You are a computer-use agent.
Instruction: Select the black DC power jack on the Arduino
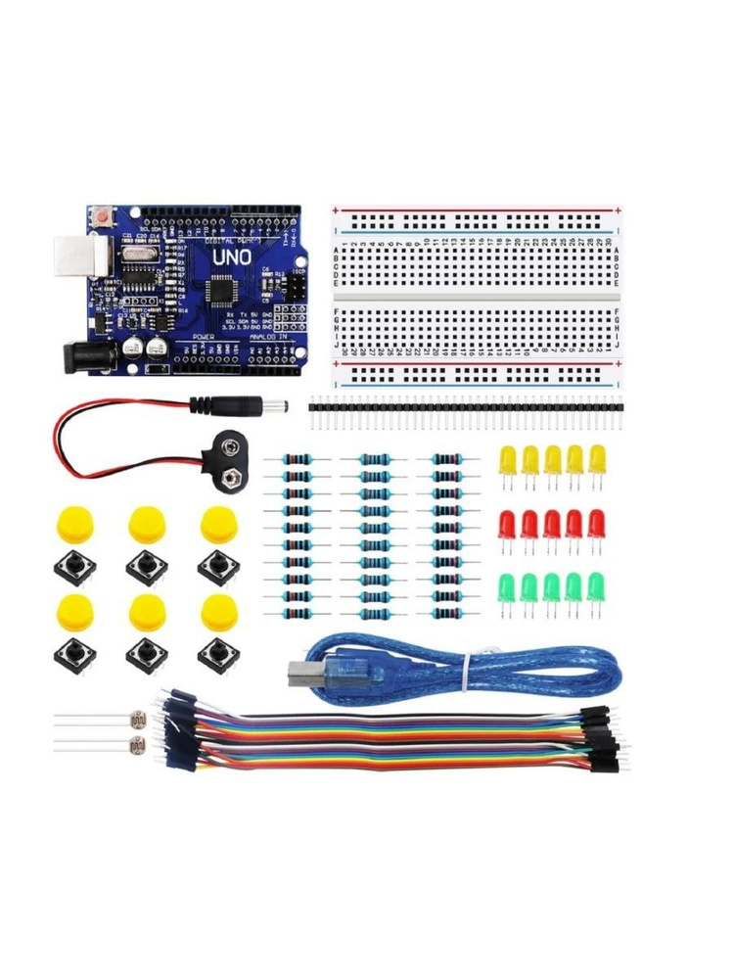click(x=83, y=355)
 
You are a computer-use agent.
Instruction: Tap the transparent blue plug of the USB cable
click(x=309, y=670)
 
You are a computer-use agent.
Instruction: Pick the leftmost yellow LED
click(x=508, y=459)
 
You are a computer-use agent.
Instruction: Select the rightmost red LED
click(x=597, y=524)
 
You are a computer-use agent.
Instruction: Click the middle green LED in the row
click(x=552, y=587)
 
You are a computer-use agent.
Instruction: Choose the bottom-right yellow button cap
click(x=217, y=611)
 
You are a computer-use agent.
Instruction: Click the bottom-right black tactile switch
click(x=216, y=653)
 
